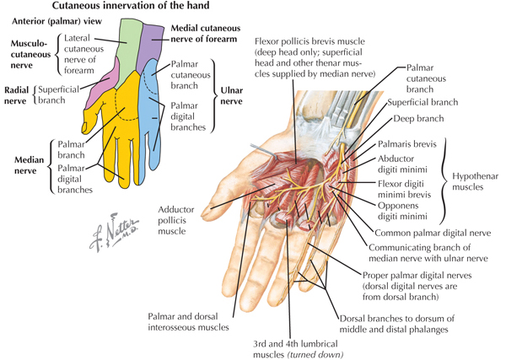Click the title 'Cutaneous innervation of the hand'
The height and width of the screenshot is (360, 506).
point(131,6)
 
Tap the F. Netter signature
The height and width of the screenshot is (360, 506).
point(114,232)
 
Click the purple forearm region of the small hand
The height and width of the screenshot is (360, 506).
point(150,46)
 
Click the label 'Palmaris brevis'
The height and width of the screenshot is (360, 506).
point(407,144)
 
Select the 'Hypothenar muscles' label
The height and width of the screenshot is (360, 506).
point(475,181)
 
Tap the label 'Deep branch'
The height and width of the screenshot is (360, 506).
point(418,119)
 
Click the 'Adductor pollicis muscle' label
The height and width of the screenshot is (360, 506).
point(176,220)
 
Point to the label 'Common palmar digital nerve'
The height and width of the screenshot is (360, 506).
point(433,233)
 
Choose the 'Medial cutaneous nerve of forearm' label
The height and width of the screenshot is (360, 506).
point(206,34)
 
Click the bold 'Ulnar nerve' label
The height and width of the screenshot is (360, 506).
point(231,96)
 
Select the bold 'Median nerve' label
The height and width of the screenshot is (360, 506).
point(29,165)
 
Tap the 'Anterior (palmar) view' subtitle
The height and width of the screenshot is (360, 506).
point(57,22)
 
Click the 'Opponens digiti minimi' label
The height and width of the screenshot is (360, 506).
point(402,211)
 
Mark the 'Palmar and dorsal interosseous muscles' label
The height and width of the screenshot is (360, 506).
point(188,321)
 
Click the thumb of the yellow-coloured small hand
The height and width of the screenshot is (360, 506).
point(91,120)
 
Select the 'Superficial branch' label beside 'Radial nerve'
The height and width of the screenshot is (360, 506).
point(58,94)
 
